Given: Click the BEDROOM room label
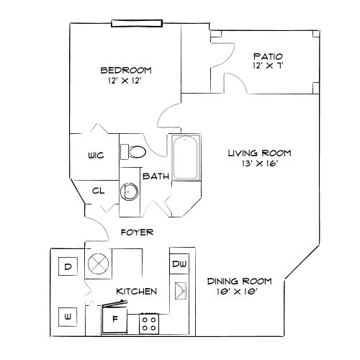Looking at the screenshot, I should tap(125, 70).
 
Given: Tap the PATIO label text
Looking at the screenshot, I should tap(267, 56).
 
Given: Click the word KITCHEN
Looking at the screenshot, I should tap(137, 292).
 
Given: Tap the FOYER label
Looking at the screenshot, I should tap(136, 232).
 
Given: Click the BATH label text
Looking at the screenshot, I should tap(156, 176).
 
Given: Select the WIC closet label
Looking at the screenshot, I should tap(96, 156).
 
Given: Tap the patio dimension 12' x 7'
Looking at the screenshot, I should tap(267, 67).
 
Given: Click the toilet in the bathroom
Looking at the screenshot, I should tap(133, 151).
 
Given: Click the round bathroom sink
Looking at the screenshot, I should tap(129, 192).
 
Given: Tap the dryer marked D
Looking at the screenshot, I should tap(68, 266).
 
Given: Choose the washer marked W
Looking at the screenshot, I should tap(68, 315).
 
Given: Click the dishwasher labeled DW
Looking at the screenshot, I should tap(178, 264).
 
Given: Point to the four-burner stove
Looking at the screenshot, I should tap(149, 323).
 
